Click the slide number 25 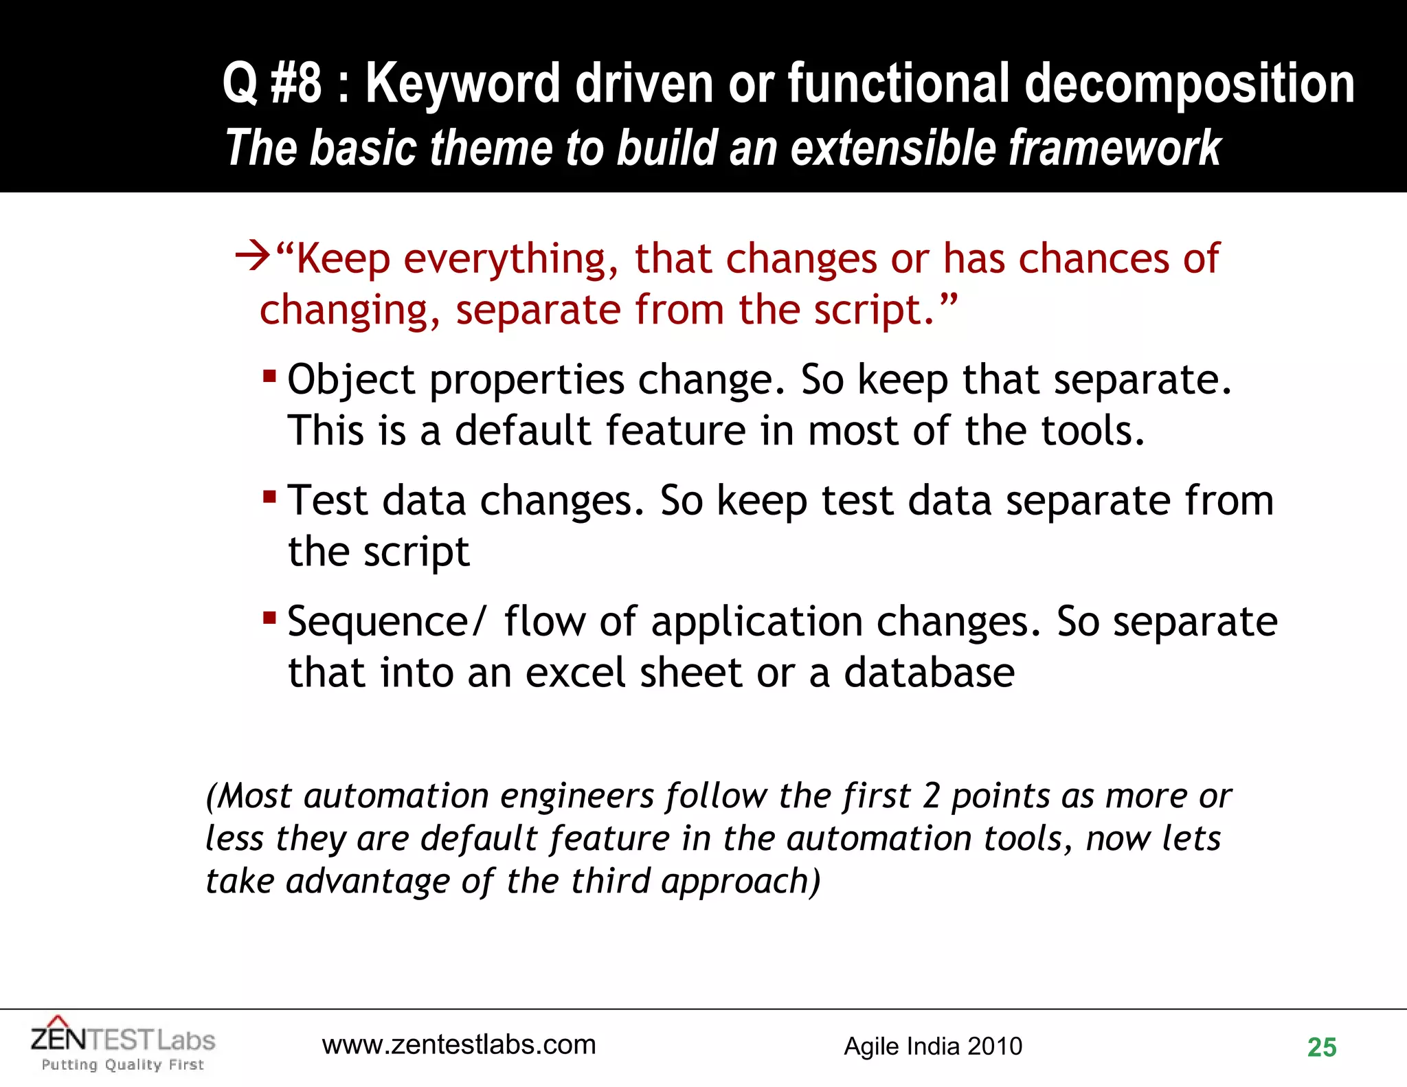(x=1321, y=1047)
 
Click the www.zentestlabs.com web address (x=459, y=1044)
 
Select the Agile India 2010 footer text (x=932, y=1046)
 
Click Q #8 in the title (x=272, y=83)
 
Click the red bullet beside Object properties (x=269, y=377)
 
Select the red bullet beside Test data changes (x=269, y=496)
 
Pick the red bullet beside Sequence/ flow (x=269, y=618)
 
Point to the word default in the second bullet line (x=523, y=431)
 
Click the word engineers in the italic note (x=576, y=796)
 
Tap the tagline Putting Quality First (x=123, y=1064)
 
